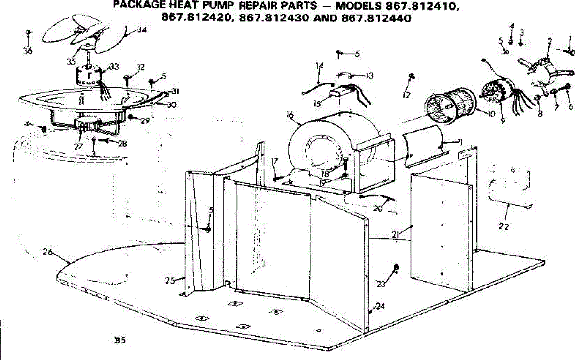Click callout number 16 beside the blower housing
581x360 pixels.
coord(290,115)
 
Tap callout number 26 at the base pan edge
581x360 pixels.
coord(47,252)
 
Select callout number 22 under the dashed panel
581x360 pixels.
coord(504,226)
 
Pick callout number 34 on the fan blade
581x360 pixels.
coord(141,30)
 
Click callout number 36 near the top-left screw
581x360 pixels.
coord(28,50)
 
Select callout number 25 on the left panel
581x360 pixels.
coord(169,280)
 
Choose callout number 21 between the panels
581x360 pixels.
coord(396,235)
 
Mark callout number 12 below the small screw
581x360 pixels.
coord(406,95)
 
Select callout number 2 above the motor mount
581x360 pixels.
coord(550,42)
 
